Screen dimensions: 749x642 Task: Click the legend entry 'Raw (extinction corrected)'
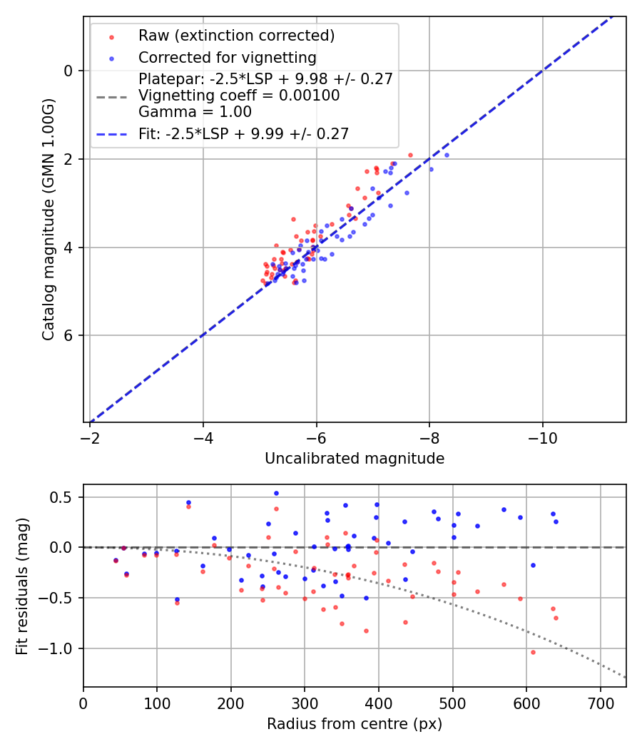[236, 36]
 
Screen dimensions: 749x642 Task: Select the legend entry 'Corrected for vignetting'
[227, 57]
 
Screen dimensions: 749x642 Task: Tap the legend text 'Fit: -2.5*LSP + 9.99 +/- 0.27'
[243, 133]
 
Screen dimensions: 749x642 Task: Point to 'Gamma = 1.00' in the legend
[195, 112]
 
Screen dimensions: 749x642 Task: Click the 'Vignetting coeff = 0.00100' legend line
[239, 96]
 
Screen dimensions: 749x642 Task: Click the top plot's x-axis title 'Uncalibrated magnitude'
[355, 459]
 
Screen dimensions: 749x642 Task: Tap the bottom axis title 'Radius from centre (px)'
[355, 724]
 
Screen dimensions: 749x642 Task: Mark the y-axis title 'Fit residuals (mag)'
[22, 586]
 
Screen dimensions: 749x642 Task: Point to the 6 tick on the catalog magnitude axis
[68, 336]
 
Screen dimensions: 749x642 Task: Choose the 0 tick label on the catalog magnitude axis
[68, 71]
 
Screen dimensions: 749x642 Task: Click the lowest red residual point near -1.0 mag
[532, 652]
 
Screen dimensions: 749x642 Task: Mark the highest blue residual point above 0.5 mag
[276, 493]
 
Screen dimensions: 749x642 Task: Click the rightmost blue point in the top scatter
[447, 155]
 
